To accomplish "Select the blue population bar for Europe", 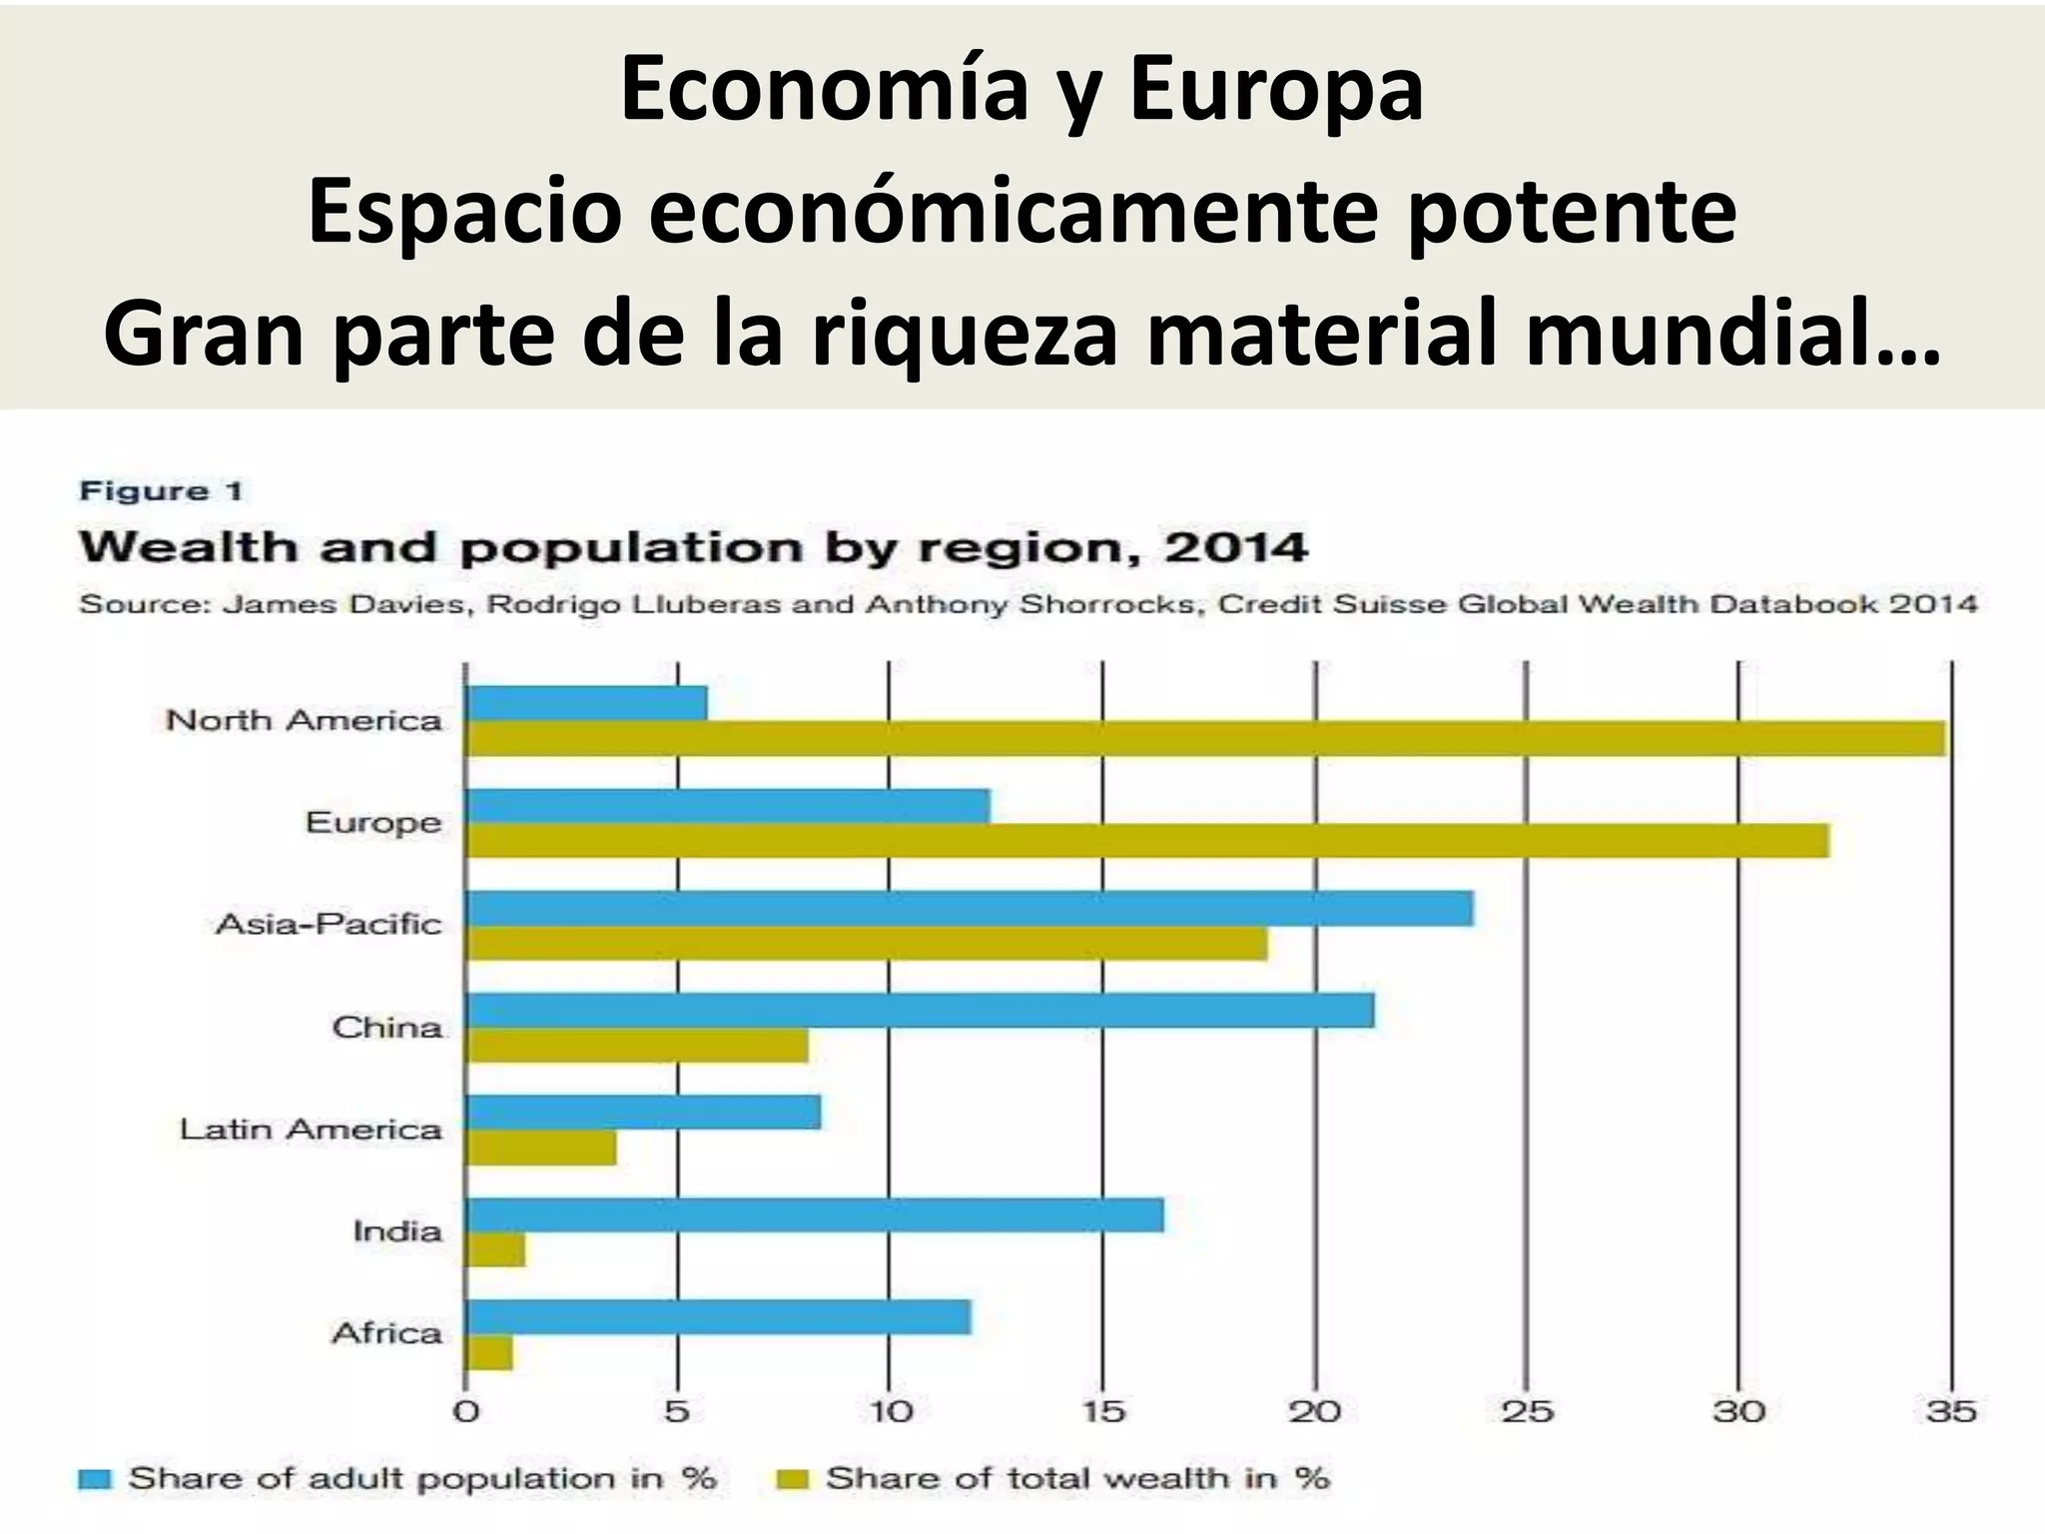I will click(729, 806).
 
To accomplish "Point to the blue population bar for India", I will click(815, 1215).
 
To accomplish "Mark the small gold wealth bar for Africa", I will click(489, 1353).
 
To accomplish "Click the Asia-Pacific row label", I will click(329, 924).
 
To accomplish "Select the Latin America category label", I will click(311, 1130).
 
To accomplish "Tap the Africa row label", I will click(386, 1333).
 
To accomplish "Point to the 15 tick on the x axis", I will click(1102, 1412).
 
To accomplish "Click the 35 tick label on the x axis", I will click(1950, 1412).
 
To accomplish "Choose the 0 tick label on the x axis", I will click(466, 1412).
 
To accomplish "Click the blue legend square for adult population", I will click(95, 1479).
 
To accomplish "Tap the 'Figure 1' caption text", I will click(161, 491).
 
